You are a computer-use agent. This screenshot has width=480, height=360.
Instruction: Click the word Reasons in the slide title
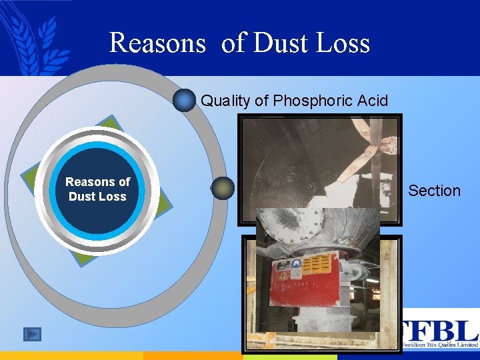pyautogui.click(x=157, y=43)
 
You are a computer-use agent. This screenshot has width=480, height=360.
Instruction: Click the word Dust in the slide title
pyautogui.click(x=281, y=43)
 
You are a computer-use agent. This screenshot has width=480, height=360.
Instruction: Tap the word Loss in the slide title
pyautogui.click(x=343, y=43)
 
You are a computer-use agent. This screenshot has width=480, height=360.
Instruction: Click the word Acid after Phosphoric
pyautogui.click(x=372, y=101)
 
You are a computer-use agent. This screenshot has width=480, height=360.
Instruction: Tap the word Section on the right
pyautogui.click(x=434, y=191)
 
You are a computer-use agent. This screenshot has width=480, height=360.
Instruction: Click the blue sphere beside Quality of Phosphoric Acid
pyautogui.click(x=184, y=101)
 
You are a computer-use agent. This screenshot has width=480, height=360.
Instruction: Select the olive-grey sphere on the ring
pyautogui.click(x=223, y=188)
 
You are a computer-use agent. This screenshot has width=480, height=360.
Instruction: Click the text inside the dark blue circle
pyautogui.click(x=97, y=189)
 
